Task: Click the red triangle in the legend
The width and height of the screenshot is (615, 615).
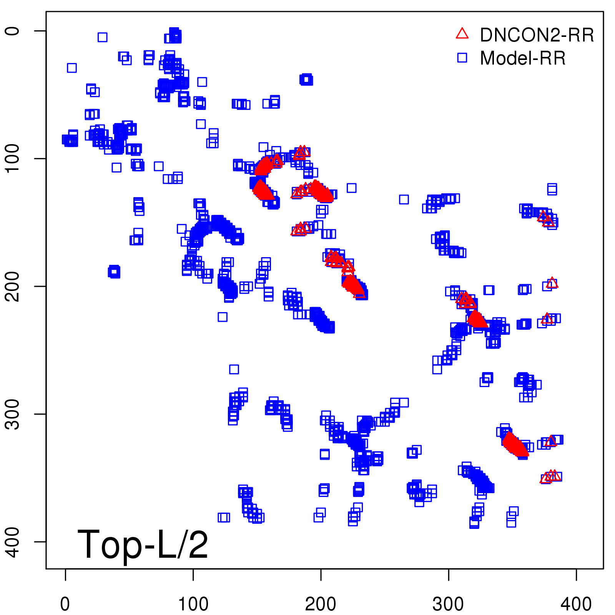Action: click(462, 34)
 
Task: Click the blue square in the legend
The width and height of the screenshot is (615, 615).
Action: click(462, 58)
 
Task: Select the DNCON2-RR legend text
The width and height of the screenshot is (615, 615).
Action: click(537, 35)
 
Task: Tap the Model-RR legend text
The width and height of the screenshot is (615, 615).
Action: click(523, 58)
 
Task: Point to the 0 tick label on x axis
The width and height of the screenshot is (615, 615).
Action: click(65, 604)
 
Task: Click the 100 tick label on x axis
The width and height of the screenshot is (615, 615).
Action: click(193, 604)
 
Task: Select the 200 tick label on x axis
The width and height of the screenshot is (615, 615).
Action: click(321, 604)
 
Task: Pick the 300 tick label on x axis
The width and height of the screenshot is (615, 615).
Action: click(448, 604)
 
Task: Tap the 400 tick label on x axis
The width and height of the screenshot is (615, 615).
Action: click(576, 604)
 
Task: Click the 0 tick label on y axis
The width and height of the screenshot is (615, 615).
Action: click(13, 31)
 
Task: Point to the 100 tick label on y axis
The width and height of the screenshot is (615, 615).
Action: click(13, 158)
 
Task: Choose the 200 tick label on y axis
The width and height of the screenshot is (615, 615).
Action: click(13, 286)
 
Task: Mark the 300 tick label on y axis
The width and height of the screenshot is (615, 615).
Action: click(13, 414)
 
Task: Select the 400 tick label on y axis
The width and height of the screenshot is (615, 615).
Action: click(13, 542)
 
